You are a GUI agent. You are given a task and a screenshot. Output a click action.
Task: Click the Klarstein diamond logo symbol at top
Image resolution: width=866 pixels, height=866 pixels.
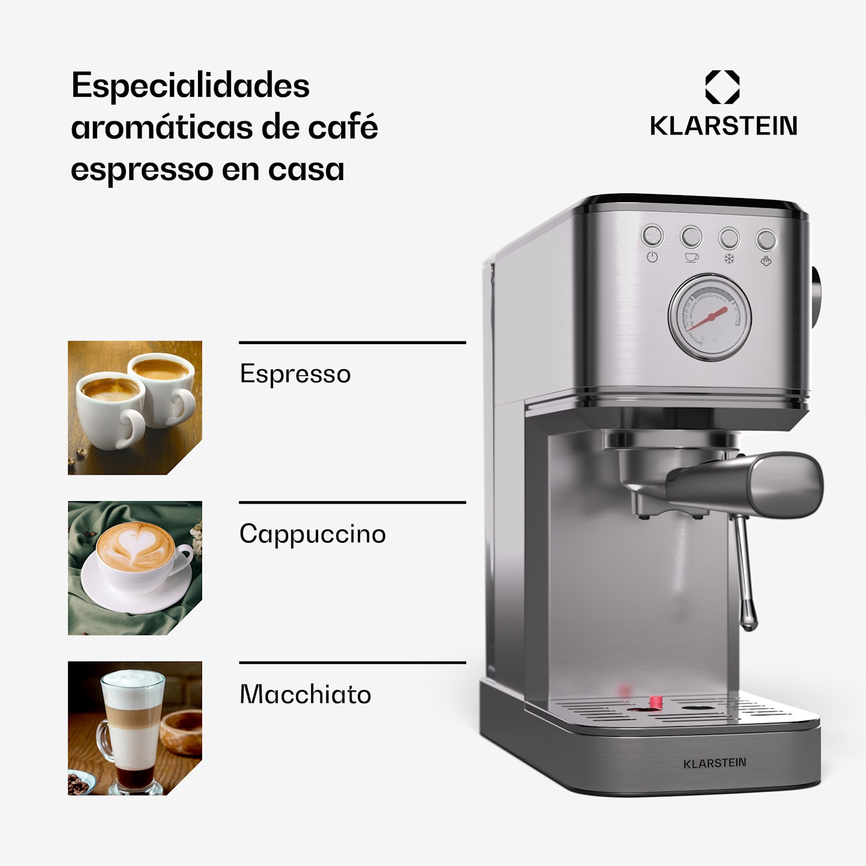pyautogui.click(x=722, y=87)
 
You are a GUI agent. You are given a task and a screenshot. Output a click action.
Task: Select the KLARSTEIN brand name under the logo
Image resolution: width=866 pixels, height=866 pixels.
pyautogui.click(x=723, y=126)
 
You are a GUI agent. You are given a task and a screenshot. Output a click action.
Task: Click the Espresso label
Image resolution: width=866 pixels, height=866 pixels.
pyautogui.click(x=295, y=374)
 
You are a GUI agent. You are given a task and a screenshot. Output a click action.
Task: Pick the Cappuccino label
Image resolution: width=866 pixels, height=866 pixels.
pyautogui.click(x=312, y=534)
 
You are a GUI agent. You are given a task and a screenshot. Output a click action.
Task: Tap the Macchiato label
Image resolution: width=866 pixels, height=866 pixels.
pyautogui.click(x=305, y=695)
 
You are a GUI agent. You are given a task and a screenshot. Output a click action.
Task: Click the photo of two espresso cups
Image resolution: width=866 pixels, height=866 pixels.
pyautogui.click(x=135, y=408)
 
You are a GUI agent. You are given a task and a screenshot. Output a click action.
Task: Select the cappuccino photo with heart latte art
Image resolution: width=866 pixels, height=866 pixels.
pyautogui.click(x=135, y=568)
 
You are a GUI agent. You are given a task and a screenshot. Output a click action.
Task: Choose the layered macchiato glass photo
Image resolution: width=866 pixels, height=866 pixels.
pyautogui.click(x=135, y=728)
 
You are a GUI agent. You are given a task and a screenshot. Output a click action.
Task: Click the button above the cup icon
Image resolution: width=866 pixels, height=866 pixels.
pyautogui.click(x=691, y=237)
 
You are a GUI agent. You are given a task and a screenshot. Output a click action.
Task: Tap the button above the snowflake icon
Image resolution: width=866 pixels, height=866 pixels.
pyautogui.click(x=729, y=238)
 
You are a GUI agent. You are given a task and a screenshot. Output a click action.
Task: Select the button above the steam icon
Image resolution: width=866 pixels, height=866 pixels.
pyautogui.click(x=766, y=240)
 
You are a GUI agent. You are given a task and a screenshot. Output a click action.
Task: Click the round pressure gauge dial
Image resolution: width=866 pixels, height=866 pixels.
pyautogui.click(x=710, y=317)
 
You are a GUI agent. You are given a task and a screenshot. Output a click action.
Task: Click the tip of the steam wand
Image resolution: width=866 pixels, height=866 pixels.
pyautogui.click(x=749, y=624)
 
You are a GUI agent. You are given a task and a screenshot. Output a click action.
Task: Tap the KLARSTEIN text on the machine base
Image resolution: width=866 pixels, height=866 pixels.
pyautogui.click(x=715, y=763)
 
